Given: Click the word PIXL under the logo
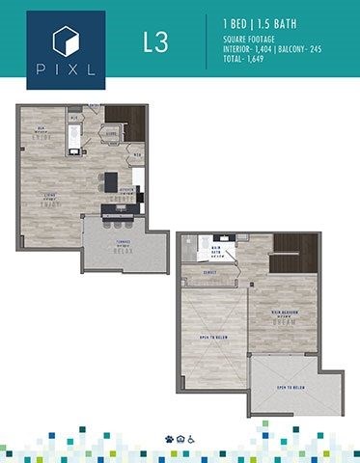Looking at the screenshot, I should (x=67, y=70).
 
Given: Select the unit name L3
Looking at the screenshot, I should (x=152, y=44).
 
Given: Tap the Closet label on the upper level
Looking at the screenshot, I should (x=210, y=273).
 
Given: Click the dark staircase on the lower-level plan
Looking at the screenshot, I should (x=125, y=123).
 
